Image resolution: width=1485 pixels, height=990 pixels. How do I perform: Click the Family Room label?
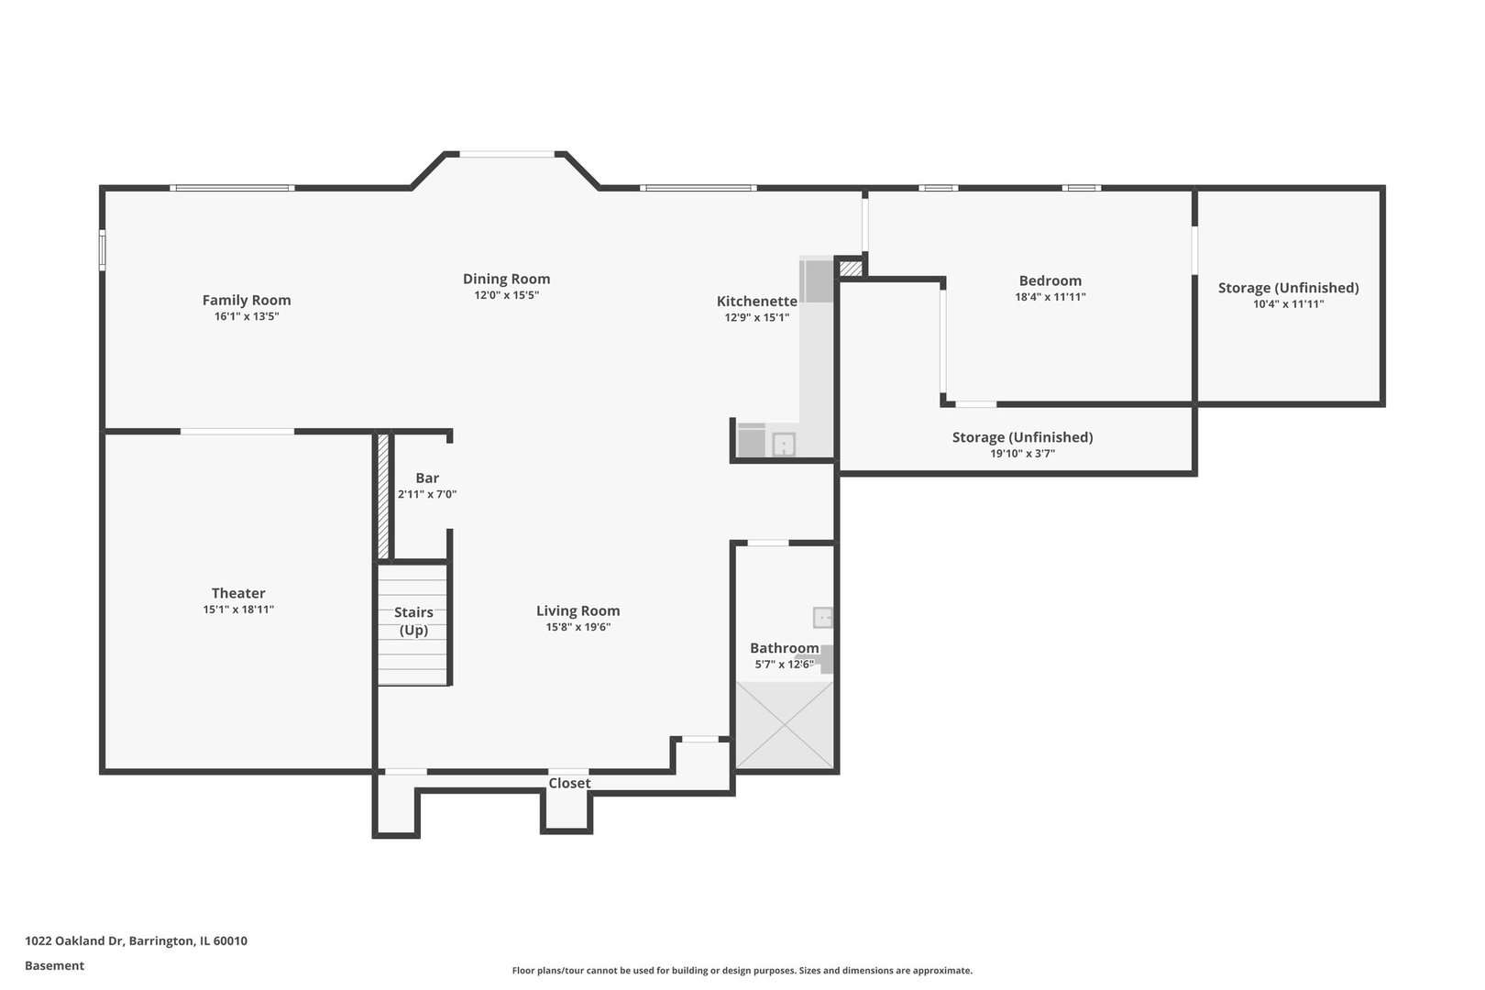pos(246,300)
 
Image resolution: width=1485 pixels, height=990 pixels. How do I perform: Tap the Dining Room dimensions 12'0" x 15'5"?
pos(506,295)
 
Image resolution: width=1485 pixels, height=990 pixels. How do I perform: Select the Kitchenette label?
pos(756,301)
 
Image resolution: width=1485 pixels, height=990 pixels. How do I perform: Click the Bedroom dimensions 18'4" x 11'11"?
pos(1050,297)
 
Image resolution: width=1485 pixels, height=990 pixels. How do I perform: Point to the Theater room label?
pos(238,593)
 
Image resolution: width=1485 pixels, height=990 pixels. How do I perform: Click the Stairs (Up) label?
pos(413,621)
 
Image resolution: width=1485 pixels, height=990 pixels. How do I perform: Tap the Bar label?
pos(427,478)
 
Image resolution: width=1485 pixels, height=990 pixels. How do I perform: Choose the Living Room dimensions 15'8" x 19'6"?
pos(577,627)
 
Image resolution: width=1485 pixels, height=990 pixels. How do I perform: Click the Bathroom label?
pos(784,648)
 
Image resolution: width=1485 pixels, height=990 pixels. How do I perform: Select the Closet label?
pos(569,783)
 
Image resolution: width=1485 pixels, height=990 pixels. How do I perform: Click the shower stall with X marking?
pos(786,724)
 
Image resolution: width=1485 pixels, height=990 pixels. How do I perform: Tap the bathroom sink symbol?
pos(822,617)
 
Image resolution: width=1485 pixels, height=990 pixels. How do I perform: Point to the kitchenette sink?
pos(784,445)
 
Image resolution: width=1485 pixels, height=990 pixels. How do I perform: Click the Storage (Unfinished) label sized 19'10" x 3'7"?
pos(1022,437)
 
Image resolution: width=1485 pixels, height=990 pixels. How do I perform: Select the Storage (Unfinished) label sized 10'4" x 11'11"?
pos(1288,288)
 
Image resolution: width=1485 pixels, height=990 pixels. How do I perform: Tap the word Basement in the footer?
pos(54,965)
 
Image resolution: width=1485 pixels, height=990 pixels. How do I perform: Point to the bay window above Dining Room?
pos(506,154)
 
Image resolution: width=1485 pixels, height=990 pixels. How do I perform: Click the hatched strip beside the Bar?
pos(383,495)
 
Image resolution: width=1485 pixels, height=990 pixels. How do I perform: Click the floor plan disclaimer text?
pos(742,970)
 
